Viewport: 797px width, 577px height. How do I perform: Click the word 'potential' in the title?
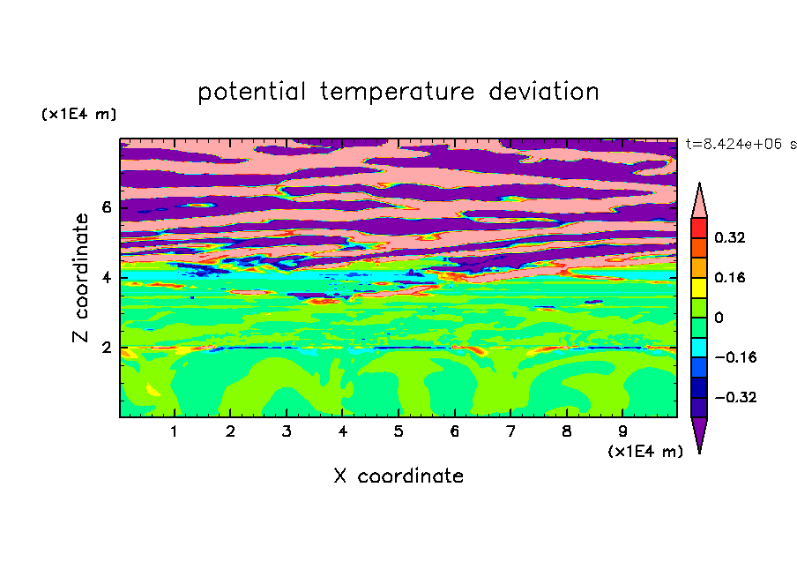click(251, 93)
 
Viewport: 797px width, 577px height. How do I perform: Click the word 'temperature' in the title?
click(398, 93)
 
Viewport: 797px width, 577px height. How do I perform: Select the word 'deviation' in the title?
click(544, 92)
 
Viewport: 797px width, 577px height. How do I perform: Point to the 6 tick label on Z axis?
click(107, 207)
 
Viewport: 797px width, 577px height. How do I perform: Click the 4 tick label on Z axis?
click(107, 278)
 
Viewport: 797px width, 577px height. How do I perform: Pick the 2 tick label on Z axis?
click(107, 348)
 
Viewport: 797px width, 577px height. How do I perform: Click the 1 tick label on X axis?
click(175, 431)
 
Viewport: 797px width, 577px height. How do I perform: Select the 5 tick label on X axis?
click(398, 431)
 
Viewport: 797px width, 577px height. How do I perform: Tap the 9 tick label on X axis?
click(622, 431)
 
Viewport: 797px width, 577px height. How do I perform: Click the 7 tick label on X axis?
click(510, 431)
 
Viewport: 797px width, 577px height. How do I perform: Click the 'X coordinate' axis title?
click(399, 476)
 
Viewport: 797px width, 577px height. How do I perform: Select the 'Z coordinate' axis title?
click(81, 278)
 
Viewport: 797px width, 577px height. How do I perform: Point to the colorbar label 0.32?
click(730, 237)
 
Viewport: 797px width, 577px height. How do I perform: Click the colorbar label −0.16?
click(735, 357)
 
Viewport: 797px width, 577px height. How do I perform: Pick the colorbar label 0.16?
click(730, 277)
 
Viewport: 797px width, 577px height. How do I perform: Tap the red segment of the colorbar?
click(699, 229)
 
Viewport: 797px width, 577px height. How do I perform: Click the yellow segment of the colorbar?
click(699, 288)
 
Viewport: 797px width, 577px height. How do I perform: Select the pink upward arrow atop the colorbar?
click(699, 201)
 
